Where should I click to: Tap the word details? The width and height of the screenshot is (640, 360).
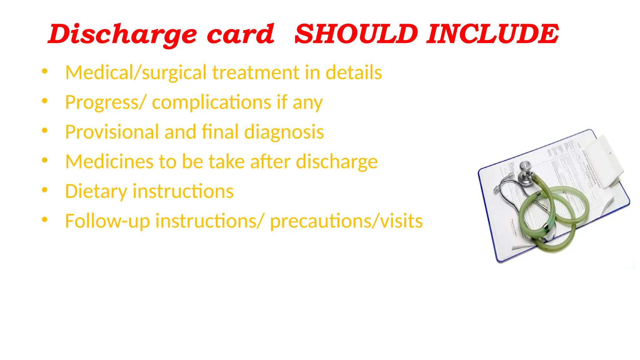(354, 72)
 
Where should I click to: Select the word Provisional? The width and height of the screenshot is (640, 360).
(112, 132)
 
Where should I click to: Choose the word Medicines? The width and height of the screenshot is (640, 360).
(109, 162)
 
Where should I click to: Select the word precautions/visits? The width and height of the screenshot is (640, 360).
(346, 221)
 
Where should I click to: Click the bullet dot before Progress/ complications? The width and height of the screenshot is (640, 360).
(45, 101)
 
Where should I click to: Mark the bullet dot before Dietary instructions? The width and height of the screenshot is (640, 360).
(45, 190)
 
